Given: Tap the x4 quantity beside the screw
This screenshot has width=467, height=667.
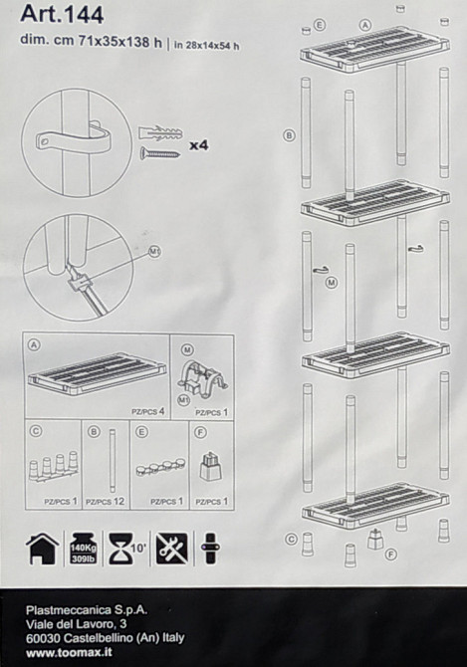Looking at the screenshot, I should click(x=198, y=145).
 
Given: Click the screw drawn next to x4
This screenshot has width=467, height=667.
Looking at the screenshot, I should click(x=159, y=152).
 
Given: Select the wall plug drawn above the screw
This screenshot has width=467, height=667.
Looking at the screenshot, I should click(x=159, y=131).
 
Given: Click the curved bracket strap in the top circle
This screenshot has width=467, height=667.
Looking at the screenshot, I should click(x=75, y=138).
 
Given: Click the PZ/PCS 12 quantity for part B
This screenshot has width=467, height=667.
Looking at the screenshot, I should click(x=105, y=501).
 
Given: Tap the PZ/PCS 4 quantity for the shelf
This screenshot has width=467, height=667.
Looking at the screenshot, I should click(x=147, y=409).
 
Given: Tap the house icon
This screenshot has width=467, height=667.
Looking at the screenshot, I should click(x=42, y=549).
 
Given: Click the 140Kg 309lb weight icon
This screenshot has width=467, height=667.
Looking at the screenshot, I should click(x=82, y=549).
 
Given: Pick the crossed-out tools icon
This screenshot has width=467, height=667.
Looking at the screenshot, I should click(x=171, y=549).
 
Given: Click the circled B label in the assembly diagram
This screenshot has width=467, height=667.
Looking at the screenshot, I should click(x=289, y=134).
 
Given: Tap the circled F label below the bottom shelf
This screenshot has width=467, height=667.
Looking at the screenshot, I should click(x=391, y=554).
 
